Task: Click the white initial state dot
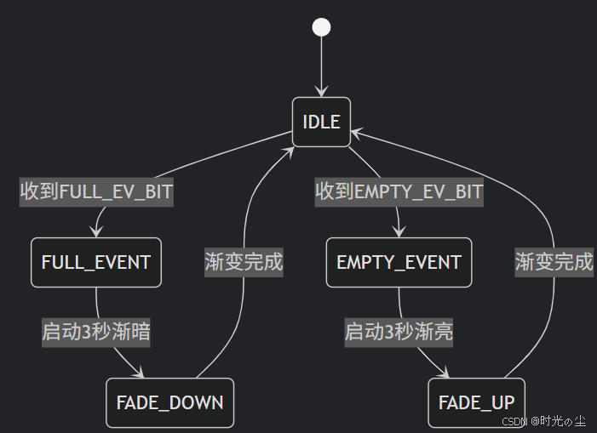tap(321, 26)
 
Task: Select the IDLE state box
tap(321, 122)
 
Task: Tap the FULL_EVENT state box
tap(96, 262)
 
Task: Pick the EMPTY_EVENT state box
tap(399, 262)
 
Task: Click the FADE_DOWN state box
tap(169, 402)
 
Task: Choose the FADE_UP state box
tap(476, 402)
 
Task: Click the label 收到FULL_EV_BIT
tap(96, 192)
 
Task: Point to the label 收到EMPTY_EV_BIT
tap(399, 192)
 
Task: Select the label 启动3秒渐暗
tap(96, 332)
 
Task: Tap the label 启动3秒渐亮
tap(399, 332)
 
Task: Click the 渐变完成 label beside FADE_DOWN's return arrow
tap(244, 262)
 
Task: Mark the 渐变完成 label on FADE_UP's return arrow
tap(554, 262)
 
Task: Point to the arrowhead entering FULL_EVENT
tap(96, 233)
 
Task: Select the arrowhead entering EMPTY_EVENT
tap(399, 233)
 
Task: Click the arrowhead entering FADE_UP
tap(445, 373)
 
